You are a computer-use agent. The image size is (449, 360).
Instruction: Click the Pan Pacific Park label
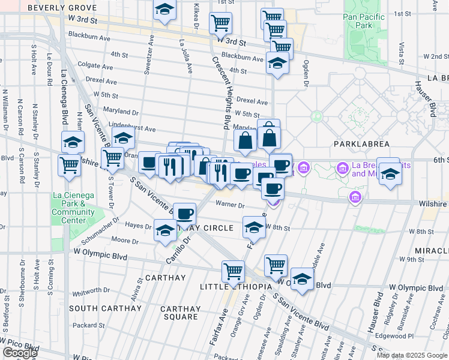coord(366,22)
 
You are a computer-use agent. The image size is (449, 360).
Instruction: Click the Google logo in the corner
coord(19,353)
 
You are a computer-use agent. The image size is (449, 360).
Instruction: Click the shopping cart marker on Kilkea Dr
coord(220,23)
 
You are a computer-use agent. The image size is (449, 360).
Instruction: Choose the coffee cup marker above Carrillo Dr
coord(185,214)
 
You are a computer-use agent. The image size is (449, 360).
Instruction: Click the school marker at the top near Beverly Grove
coord(163,11)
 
